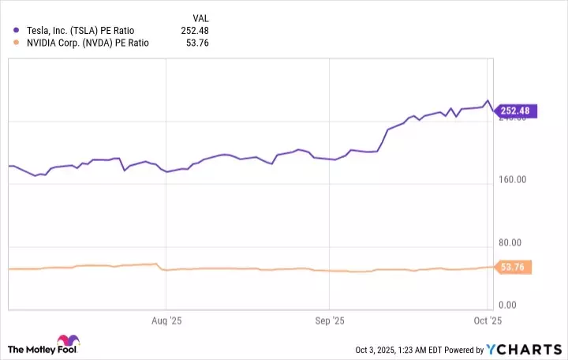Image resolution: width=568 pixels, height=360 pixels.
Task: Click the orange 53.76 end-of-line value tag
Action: pyautogui.click(x=514, y=268)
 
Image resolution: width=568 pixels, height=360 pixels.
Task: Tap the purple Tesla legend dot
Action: pyautogui.click(x=16, y=31)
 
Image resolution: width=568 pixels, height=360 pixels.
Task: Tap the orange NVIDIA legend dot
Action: pyautogui.click(x=16, y=45)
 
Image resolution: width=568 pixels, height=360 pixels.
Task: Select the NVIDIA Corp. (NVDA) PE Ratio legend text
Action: pyautogui.click(x=88, y=45)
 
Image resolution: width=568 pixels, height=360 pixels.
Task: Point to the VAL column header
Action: pyautogui.click(x=200, y=17)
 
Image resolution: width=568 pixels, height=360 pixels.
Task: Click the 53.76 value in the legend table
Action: pyautogui.click(x=196, y=45)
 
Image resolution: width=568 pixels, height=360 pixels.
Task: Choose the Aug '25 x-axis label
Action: pyautogui.click(x=166, y=321)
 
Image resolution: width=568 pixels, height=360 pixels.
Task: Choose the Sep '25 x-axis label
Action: pyautogui.click(x=329, y=321)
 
